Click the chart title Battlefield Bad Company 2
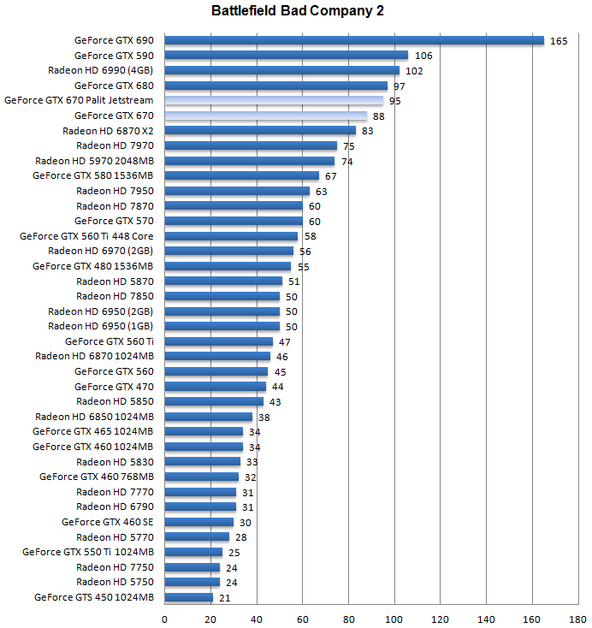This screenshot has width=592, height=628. [x=295, y=12]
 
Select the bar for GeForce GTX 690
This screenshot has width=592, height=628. [x=354, y=40]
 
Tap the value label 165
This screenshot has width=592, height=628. [x=559, y=41]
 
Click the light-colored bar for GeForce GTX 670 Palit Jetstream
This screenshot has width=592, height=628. [x=274, y=100]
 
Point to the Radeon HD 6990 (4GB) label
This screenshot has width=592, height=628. [x=101, y=70]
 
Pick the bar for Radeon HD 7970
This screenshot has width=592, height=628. [x=251, y=145]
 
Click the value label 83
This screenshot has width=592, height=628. [x=368, y=131]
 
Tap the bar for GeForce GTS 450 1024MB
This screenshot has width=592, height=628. [x=188, y=597]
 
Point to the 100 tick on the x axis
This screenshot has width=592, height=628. [x=394, y=618]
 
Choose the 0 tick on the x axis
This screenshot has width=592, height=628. [x=164, y=618]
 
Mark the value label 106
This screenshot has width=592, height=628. [x=423, y=56]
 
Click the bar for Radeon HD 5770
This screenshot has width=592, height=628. [x=197, y=537]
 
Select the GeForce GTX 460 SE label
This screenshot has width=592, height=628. [x=108, y=522]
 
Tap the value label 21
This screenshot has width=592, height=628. [x=225, y=598]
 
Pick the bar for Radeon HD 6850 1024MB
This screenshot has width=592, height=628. [x=208, y=417]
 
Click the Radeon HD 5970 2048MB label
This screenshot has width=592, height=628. [x=94, y=161]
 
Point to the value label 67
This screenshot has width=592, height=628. [x=331, y=176]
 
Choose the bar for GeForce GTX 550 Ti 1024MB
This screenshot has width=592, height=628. [x=193, y=552]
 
